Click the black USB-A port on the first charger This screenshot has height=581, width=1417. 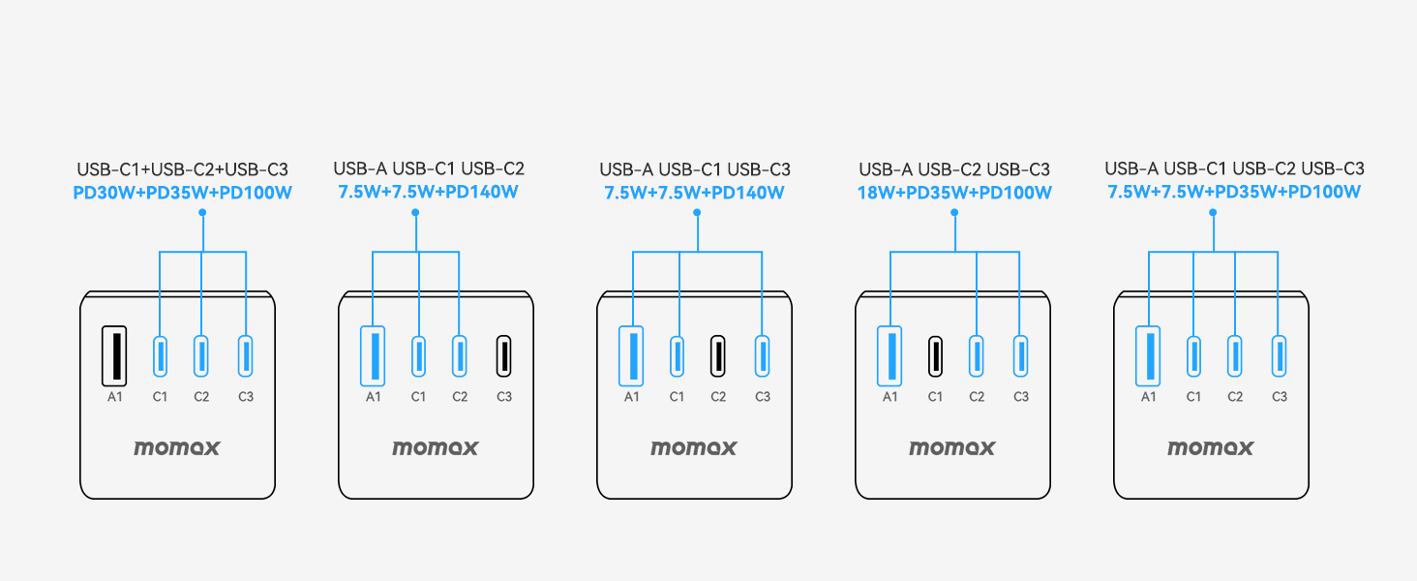[x=114, y=355]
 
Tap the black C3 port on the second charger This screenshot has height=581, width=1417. [x=503, y=355]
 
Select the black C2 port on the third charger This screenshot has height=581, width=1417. [x=717, y=355]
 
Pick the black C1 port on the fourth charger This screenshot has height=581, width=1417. [x=935, y=355]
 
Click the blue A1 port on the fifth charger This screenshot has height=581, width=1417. [x=1148, y=355]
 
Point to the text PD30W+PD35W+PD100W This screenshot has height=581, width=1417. [x=182, y=193]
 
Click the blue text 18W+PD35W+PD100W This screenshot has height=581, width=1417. [x=954, y=193]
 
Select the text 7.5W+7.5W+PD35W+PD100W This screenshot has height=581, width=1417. [x=1233, y=192]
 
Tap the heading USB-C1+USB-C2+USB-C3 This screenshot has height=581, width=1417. [x=182, y=169]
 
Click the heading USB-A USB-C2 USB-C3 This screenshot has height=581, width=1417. [x=954, y=169]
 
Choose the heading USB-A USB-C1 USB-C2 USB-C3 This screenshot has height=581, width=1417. [x=1234, y=169]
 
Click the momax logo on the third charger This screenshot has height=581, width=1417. [x=693, y=448]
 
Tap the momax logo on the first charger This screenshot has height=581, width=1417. [x=176, y=448]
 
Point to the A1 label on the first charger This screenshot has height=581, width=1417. [x=114, y=397]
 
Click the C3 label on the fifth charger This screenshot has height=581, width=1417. [x=1280, y=397]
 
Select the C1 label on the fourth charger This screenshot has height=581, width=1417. [x=935, y=397]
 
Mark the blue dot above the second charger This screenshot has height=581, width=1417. [x=415, y=213]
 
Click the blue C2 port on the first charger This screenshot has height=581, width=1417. [x=200, y=355]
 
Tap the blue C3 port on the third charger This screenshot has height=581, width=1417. [x=763, y=355]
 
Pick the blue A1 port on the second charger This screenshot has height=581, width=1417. [x=373, y=355]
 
